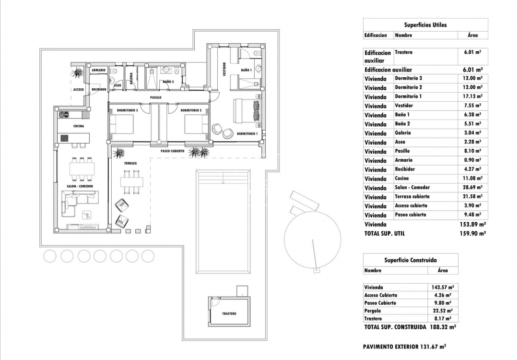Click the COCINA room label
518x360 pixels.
tap(79, 126)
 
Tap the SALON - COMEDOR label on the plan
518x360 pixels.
tap(80, 186)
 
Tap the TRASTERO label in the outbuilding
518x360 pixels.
tap(229, 313)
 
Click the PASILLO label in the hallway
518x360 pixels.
tap(155, 97)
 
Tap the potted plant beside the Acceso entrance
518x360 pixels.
tap(77, 73)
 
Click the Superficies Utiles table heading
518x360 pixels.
tap(425, 24)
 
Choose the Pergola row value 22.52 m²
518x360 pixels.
tap(441, 311)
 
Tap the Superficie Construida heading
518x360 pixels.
tap(410, 260)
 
